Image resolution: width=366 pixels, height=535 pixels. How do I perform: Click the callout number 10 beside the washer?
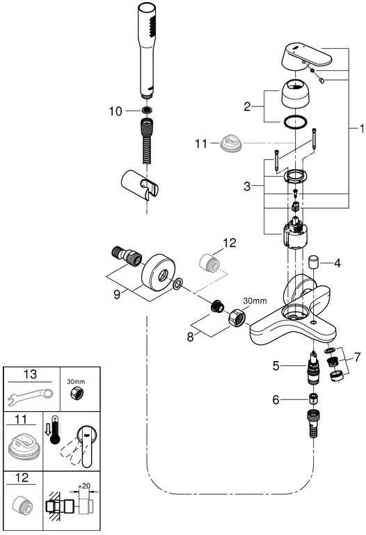[116, 111]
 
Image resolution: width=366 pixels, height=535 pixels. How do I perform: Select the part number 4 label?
[337, 263]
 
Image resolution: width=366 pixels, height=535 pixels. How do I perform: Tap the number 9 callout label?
[117, 294]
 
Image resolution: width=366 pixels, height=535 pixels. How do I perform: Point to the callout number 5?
[276, 366]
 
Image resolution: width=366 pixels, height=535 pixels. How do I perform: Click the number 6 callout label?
[276, 399]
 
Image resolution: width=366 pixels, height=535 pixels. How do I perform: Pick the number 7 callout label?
[357, 357]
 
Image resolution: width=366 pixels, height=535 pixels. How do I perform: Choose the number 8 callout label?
[191, 337]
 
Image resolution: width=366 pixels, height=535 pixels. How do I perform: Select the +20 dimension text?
[84, 486]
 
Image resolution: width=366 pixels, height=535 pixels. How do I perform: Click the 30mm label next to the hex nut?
[255, 301]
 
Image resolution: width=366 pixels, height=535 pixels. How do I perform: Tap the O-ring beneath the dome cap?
[296, 122]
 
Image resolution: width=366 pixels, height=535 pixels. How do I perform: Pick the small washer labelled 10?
[147, 111]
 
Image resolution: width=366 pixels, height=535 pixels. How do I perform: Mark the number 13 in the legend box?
[30, 374]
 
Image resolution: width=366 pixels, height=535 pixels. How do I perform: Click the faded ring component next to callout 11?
[231, 143]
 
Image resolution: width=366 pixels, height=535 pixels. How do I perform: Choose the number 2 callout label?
[247, 107]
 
